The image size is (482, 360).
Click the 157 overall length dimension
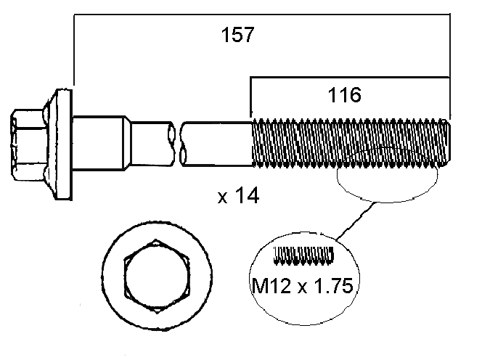[237, 36]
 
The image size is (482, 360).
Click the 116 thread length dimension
[344, 94]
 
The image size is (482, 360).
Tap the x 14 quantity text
[239, 196]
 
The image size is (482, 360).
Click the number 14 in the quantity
[248, 196]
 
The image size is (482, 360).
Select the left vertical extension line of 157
[74, 51]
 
